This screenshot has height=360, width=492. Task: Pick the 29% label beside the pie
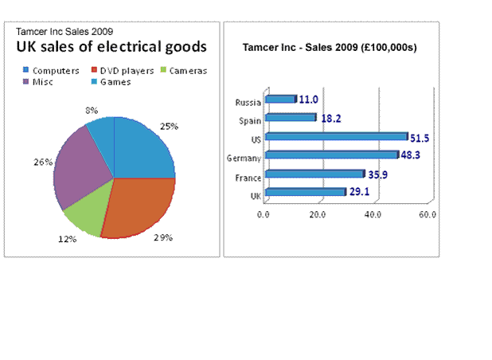coord(162,238)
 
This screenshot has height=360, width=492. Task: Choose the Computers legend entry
coord(53,70)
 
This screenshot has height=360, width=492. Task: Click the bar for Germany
coord(330,155)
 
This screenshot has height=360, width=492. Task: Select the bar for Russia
coord(279,100)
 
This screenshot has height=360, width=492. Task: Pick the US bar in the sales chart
coord(335,136)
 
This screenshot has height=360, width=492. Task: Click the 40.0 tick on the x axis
coord(373,213)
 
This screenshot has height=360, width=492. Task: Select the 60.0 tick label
coord(428,213)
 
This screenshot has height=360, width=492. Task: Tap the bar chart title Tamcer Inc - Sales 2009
coord(330,47)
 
